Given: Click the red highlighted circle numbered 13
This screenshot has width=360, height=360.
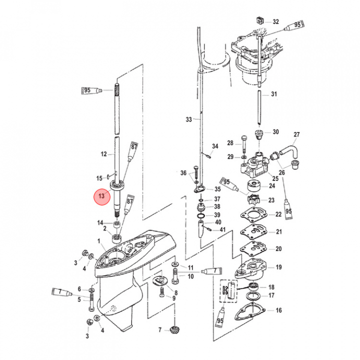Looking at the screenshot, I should [x=102, y=196].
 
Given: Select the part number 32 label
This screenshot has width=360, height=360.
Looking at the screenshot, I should [x=275, y=22].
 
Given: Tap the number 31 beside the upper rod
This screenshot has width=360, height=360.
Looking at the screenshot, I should [x=273, y=94].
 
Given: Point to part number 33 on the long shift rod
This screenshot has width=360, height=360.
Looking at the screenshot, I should [x=188, y=119].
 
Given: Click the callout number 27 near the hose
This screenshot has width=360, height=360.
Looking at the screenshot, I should [x=296, y=134].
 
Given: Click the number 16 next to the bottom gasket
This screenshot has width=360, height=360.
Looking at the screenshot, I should [x=278, y=310].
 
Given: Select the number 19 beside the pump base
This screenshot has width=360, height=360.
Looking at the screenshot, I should [x=278, y=267].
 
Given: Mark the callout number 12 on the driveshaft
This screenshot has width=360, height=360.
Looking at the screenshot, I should [x=104, y=154].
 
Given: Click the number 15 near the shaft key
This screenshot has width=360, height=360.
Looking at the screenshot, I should [x=99, y=178].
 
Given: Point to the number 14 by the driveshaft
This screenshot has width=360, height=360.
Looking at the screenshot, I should [x=100, y=222].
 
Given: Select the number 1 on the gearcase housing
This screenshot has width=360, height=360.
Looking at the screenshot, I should [x=100, y=241].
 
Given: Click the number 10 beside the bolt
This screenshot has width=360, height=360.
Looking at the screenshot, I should [x=190, y=276].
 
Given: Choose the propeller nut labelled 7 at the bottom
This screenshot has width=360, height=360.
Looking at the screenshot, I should [x=173, y=330].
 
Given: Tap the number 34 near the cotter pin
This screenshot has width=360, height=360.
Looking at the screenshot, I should [x=215, y=146].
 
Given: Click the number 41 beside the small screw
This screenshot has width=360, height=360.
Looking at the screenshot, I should [x=223, y=229].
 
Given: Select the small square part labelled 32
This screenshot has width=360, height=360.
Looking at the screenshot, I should [x=260, y=20].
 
